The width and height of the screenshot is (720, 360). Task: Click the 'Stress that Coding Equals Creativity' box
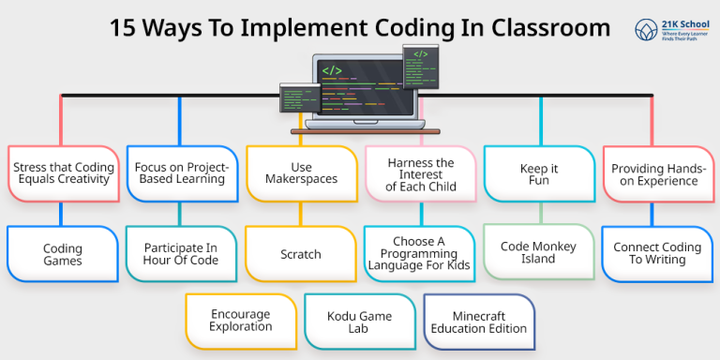[x=63, y=173]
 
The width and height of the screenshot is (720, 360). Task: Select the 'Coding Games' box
[x=63, y=254]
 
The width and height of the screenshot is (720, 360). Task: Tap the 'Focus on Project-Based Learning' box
[x=182, y=173]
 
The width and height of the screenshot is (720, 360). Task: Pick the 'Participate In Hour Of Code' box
[x=182, y=254]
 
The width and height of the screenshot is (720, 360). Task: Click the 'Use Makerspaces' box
[x=301, y=173]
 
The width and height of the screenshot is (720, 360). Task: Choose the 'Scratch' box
[x=301, y=254]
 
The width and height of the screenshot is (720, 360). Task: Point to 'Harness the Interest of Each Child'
[x=420, y=174]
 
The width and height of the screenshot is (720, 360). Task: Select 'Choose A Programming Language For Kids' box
[x=420, y=254]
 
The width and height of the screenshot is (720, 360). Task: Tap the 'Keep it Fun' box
[x=539, y=173]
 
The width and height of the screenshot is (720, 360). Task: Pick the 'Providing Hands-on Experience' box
[x=655, y=173]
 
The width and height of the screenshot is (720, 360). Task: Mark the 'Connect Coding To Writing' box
[x=657, y=254]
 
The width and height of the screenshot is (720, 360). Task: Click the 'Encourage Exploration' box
[x=241, y=321]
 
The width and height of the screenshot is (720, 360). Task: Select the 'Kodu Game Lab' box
[x=360, y=321]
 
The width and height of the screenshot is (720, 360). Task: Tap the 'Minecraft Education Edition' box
[x=479, y=322]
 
